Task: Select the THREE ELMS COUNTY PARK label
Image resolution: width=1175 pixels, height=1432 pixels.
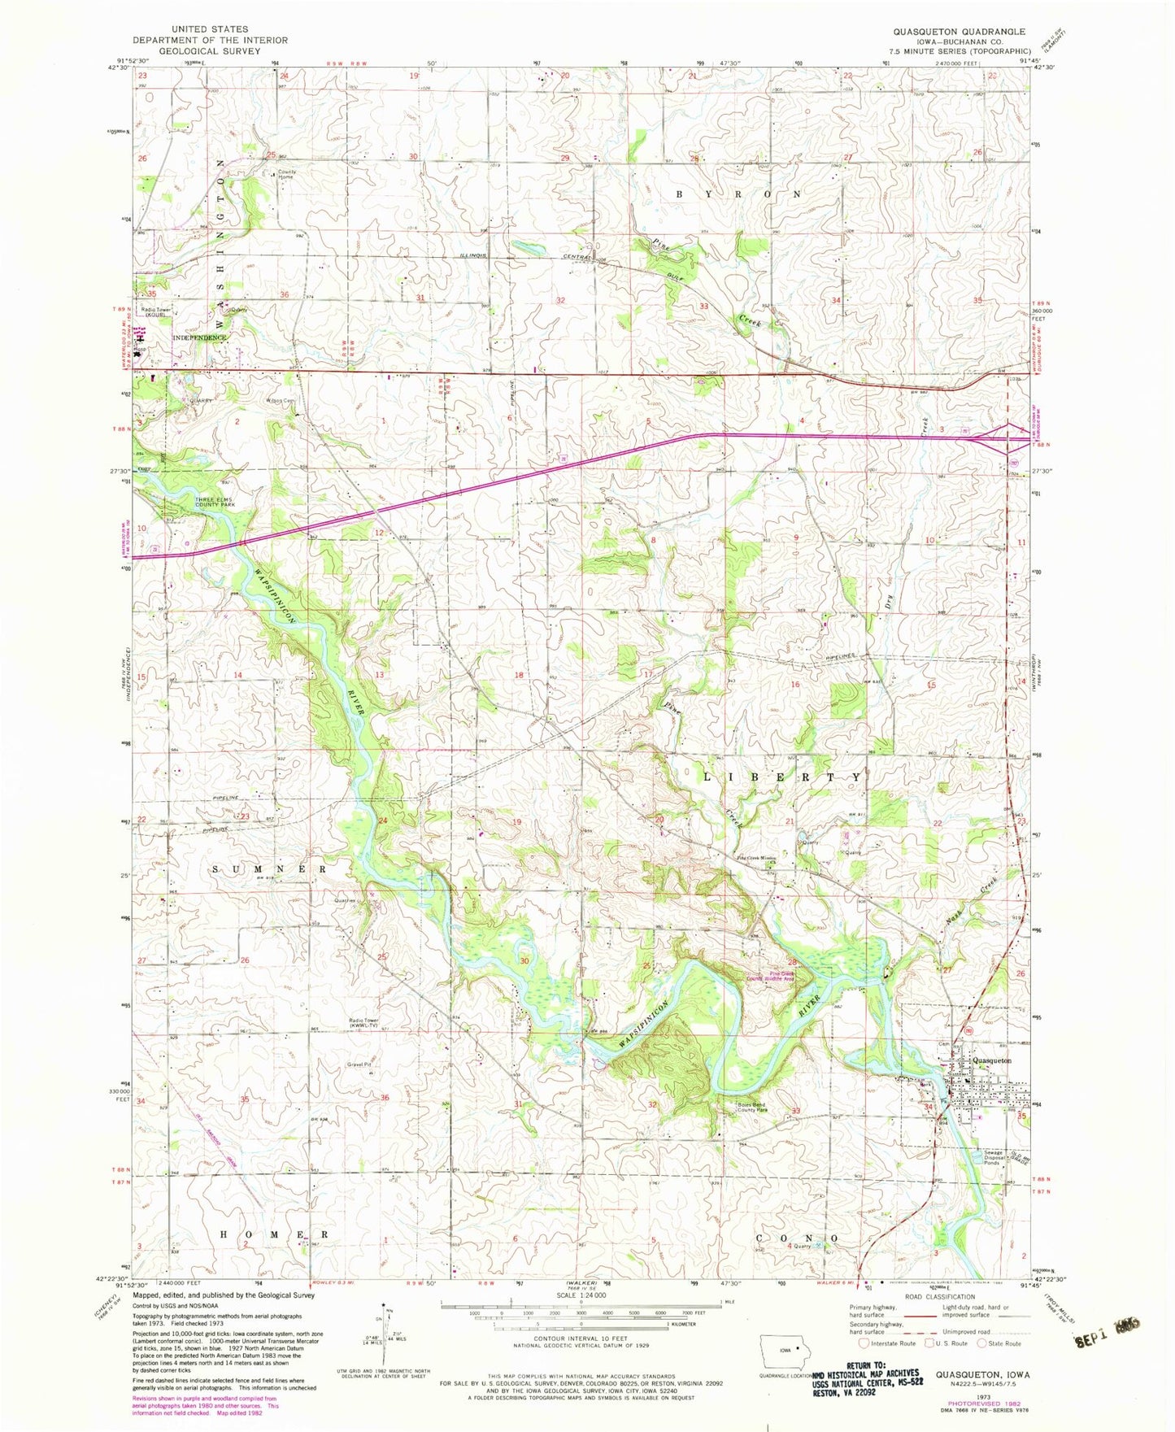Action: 215,501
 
